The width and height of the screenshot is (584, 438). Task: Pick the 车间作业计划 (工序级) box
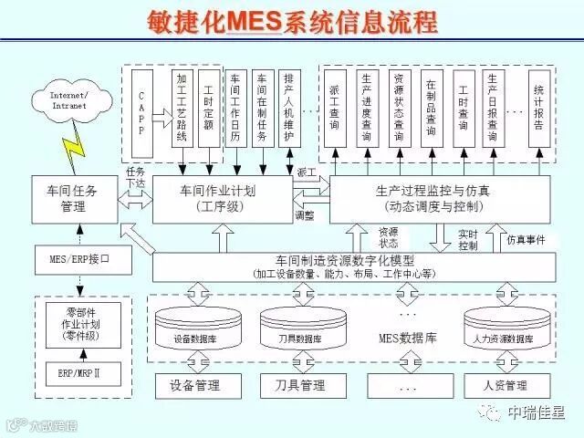[218, 199]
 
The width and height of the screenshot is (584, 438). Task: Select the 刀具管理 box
[300, 385]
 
